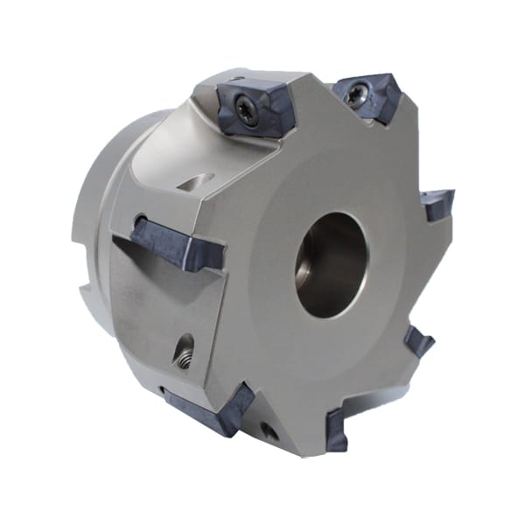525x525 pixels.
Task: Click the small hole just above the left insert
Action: [x=141, y=219]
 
